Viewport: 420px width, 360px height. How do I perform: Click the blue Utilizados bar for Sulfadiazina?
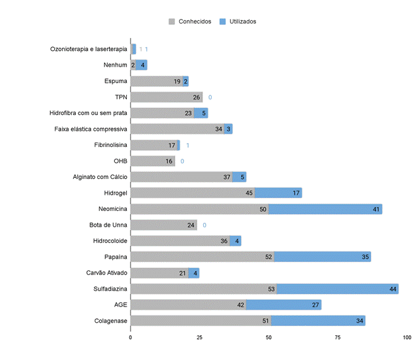tap(337, 289)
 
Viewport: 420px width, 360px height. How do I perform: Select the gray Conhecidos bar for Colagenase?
tap(201, 321)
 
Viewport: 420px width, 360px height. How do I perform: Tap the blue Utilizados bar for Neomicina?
tap(325, 209)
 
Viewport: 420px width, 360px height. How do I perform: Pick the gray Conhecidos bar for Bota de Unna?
tap(163, 225)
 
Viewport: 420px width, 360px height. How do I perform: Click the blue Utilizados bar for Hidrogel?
tap(278, 193)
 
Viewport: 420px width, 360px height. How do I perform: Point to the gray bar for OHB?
tap(152, 161)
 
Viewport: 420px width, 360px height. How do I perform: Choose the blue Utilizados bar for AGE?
tap(283, 304)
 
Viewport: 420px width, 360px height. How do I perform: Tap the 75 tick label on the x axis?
tap(338, 338)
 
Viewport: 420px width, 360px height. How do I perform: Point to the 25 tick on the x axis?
tap(200, 338)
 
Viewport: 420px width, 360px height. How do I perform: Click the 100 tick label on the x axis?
tap(407, 338)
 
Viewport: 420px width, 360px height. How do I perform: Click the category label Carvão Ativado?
tap(106, 272)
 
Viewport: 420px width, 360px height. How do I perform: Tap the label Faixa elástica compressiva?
tap(90, 129)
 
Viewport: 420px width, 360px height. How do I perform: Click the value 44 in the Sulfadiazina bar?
tap(393, 289)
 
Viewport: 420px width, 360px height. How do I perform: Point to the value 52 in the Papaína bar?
tap(268, 257)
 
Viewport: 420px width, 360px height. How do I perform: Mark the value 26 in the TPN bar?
tap(197, 97)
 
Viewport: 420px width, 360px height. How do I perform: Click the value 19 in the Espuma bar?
tap(177, 81)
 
